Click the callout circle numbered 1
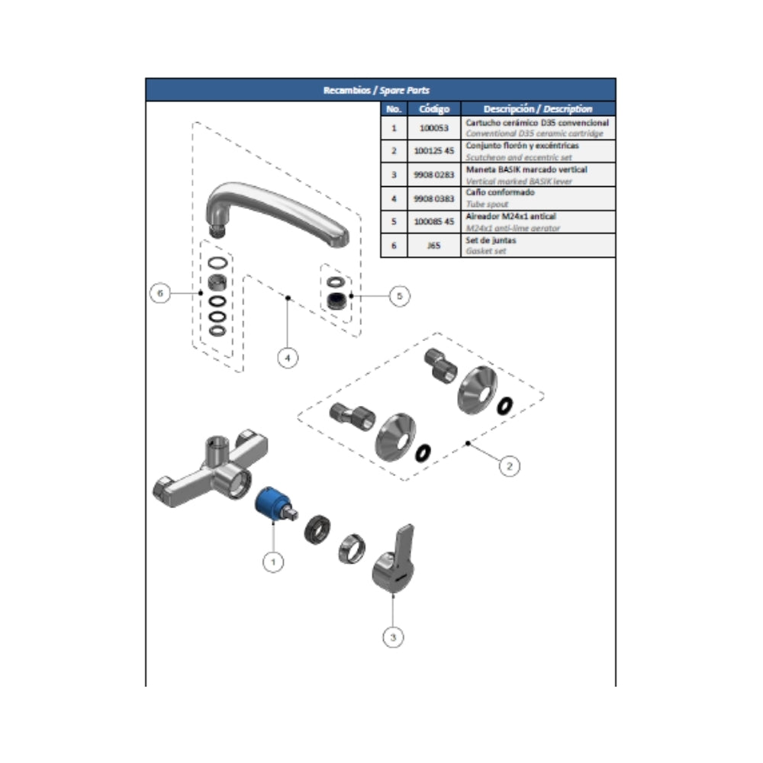click(x=273, y=562)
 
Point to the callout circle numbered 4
click(x=288, y=356)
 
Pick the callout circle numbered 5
click(x=400, y=295)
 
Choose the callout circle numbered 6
click(x=159, y=292)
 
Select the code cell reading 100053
click(x=433, y=127)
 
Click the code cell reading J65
click(x=433, y=246)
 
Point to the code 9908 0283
click(x=433, y=175)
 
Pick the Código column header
click(x=433, y=109)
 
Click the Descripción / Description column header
click(x=537, y=109)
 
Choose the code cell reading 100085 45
click(x=433, y=222)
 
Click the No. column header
click(x=394, y=109)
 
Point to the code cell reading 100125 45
click(x=433, y=151)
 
